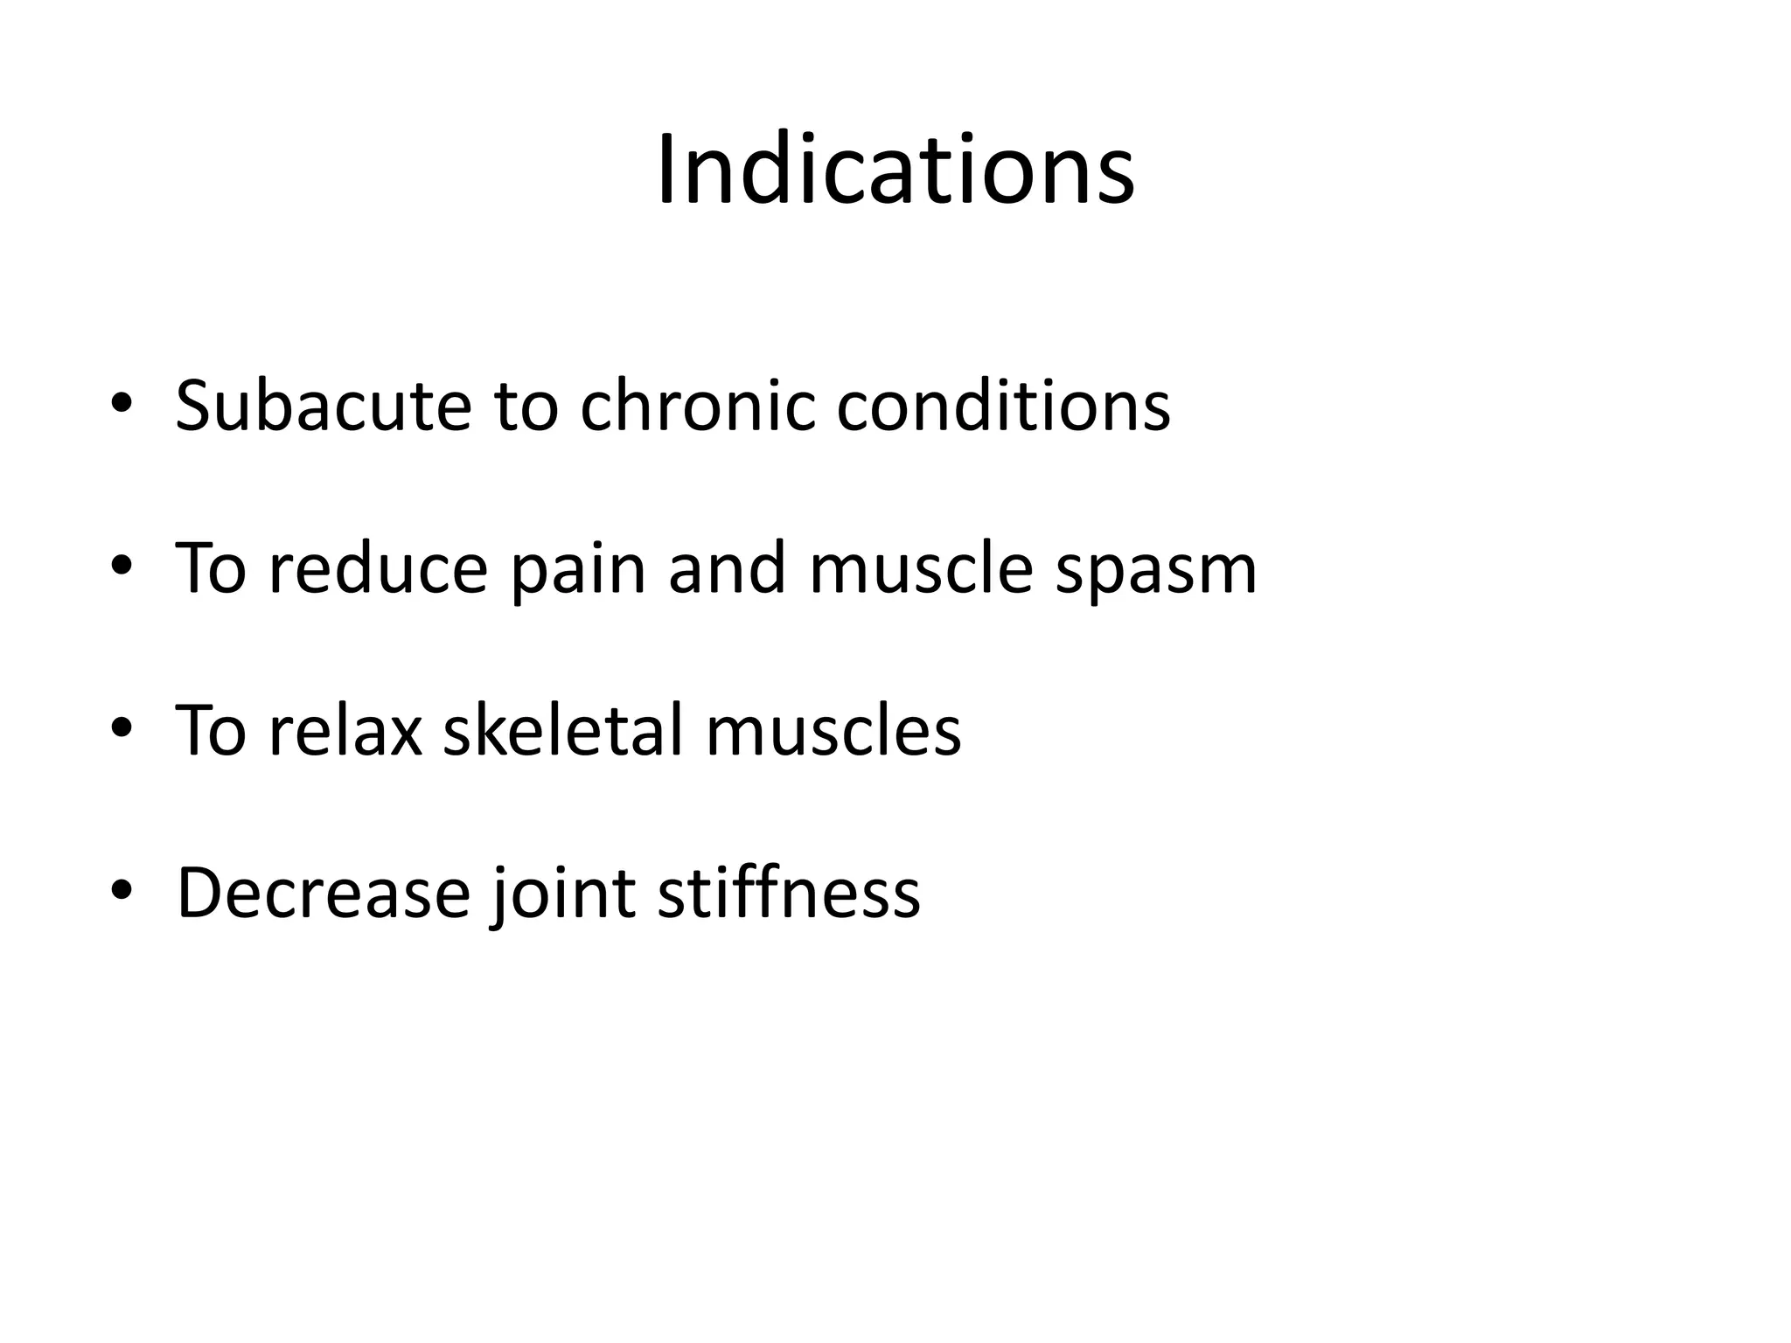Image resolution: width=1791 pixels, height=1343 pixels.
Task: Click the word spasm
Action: (1155, 570)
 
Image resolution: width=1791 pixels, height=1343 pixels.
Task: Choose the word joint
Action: (563, 894)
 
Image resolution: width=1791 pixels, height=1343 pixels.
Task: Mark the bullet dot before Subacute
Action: (122, 403)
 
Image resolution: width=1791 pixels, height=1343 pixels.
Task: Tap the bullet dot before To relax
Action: (122, 727)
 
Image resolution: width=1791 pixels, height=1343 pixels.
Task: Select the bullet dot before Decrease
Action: (122, 889)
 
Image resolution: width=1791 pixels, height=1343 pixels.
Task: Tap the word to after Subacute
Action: (526, 407)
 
